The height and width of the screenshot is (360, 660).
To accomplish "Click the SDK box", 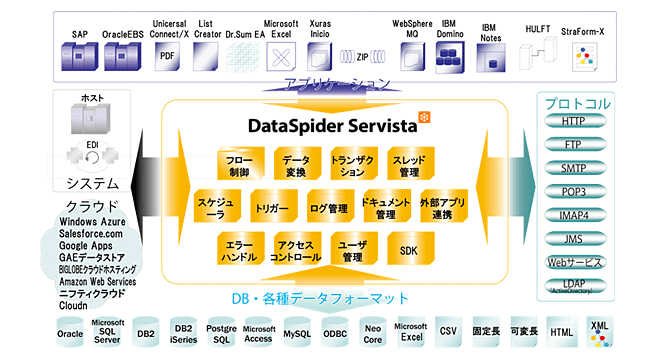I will [408, 250].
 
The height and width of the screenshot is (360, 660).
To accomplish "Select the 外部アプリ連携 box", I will [443, 207].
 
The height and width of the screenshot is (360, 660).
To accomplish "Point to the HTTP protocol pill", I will [574, 122].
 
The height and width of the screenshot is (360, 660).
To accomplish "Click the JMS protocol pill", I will [574, 239].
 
